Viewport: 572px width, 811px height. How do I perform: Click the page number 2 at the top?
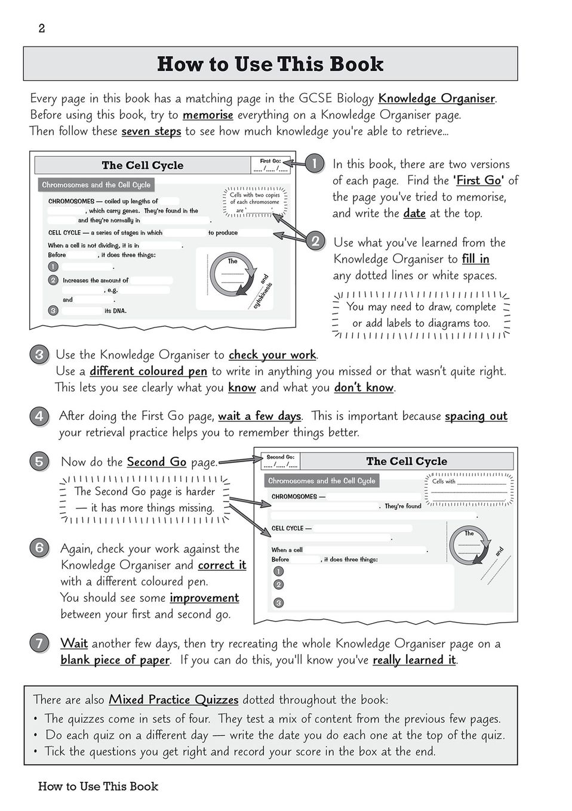coord(41,29)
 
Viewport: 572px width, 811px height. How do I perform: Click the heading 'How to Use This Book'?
coord(270,64)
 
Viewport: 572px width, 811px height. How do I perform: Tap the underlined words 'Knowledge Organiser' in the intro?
coord(436,98)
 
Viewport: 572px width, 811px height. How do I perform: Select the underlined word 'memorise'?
coord(208,115)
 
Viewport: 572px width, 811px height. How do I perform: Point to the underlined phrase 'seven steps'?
coord(151,131)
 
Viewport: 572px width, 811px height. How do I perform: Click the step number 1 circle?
coord(314,164)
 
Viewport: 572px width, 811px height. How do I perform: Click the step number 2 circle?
coord(315,242)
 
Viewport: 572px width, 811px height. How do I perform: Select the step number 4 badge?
coord(39,416)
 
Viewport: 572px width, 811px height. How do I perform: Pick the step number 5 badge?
coord(39,462)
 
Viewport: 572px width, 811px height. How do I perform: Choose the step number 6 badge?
coord(39,548)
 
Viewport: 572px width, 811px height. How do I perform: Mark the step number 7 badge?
coord(39,643)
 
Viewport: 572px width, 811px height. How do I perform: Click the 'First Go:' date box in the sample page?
coord(270,165)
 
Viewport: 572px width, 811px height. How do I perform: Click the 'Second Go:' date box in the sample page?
coord(281,461)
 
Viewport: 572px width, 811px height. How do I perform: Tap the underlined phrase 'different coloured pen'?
coord(148,372)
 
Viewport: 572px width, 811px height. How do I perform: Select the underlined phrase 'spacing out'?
coord(476,416)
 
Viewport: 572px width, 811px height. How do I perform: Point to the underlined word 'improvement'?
coord(204,598)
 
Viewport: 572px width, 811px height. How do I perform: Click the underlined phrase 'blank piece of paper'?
coord(115,660)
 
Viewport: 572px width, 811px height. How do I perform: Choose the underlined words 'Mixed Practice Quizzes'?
coord(173,700)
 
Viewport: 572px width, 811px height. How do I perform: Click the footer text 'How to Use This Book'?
coord(98,787)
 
